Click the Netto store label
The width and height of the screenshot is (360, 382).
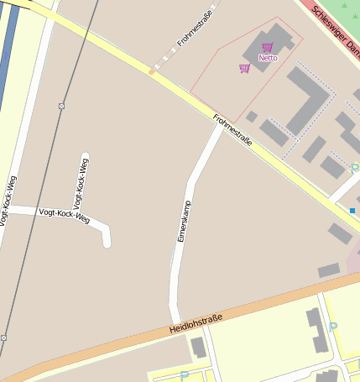tap(268, 58)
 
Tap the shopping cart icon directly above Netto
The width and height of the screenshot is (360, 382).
tap(268, 47)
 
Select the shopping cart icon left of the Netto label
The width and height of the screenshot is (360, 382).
tap(244, 68)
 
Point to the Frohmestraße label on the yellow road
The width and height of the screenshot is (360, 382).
tap(232, 129)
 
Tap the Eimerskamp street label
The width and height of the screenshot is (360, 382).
tap(185, 221)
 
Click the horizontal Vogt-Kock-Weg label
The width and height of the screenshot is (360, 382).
tap(64, 216)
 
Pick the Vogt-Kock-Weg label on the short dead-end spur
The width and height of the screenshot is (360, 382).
tap(81, 182)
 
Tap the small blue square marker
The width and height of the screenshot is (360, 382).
tap(352, 210)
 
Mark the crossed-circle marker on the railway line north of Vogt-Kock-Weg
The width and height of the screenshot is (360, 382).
tap(61, 106)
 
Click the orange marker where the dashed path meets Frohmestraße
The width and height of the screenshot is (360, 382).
tap(152, 71)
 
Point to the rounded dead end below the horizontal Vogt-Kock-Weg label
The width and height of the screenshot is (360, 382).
tap(107, 243)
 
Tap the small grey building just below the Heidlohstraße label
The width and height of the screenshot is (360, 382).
tap(198, 347)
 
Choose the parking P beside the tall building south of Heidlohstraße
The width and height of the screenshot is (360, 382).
tap(334, 326)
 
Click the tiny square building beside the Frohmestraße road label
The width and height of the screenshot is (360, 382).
tap(251, 117)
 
